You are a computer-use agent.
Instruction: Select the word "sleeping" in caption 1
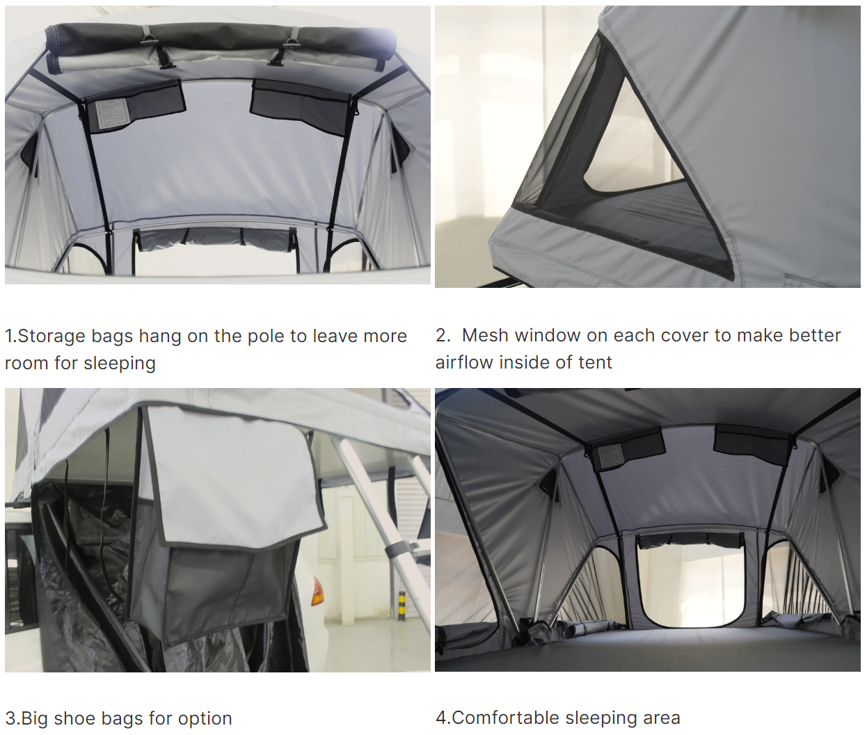coord(120,363)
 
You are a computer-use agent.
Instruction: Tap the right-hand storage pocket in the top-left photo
coord(300,106)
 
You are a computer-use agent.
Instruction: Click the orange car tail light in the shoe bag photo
coord(317,591)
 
